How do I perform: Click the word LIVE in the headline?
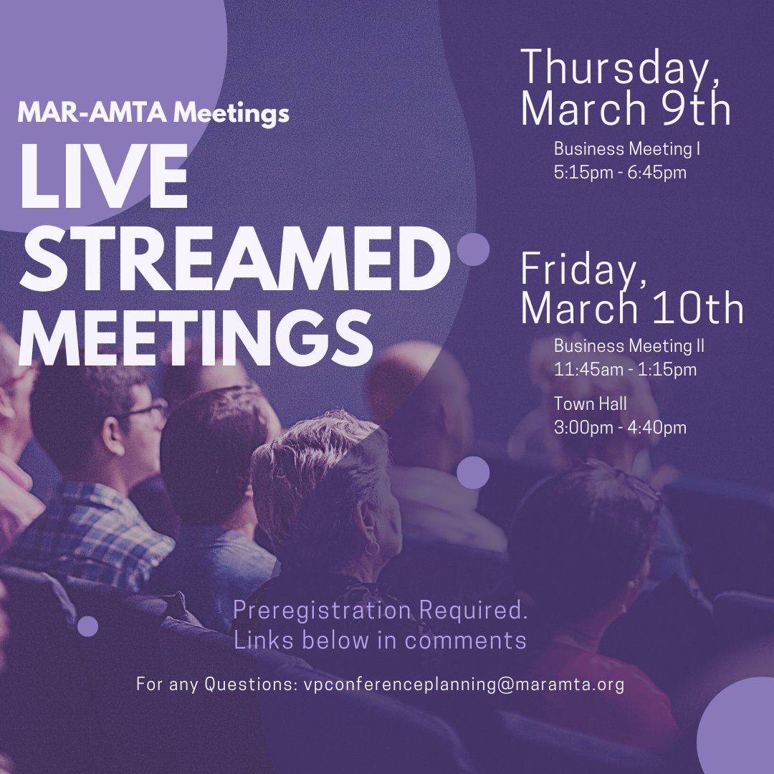[x=103, y=178]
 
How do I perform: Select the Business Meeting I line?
[x=626, y=150]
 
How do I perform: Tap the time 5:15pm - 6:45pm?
[x=620, y=173]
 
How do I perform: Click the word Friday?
[x=579, y=269]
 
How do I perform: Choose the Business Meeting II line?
[x=629, y=346]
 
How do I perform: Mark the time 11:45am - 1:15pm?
[x=625, y=371]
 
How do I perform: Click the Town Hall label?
[x=591, y=404]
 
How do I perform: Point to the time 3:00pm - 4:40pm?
[x=620, y=428]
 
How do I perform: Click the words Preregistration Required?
[x=380, y=611]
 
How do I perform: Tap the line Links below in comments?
[x=380, y=640]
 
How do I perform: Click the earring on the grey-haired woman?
[x=372, y=548]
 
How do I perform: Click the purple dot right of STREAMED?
[x=473, y=249]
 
